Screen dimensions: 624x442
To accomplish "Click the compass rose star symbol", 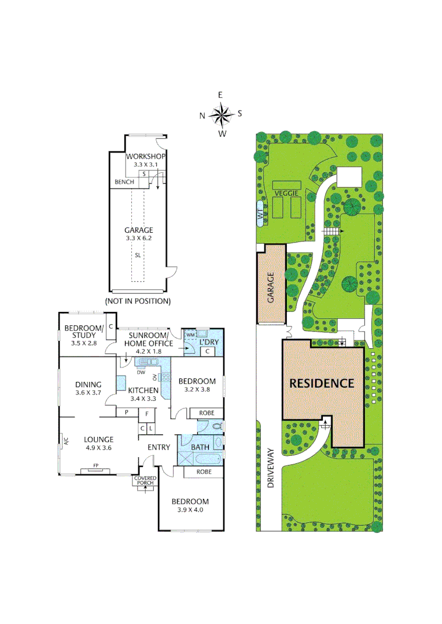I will [x=221, y=114].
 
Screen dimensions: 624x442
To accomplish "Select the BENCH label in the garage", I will [x=124, y=182].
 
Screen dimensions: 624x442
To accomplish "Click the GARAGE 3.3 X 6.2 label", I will [x=139, y=233].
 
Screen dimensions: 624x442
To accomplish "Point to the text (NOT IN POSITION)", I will [x=138, y=301].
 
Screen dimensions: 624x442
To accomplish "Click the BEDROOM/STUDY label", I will [x=83, y=331].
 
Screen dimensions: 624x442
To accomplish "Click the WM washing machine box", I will [x=190, y=335].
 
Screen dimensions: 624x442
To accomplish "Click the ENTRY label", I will [x=159, y=447].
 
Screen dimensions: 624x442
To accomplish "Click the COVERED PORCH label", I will [x=145, y=481].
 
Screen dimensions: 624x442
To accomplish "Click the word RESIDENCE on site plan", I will [x=321, y=382].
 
